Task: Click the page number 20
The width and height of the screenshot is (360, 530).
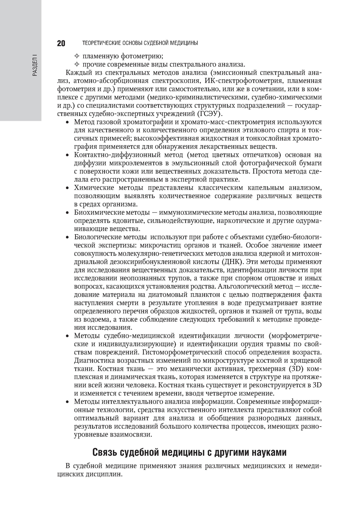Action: click(61, 43)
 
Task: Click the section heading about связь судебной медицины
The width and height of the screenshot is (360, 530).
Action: click(189, 452)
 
